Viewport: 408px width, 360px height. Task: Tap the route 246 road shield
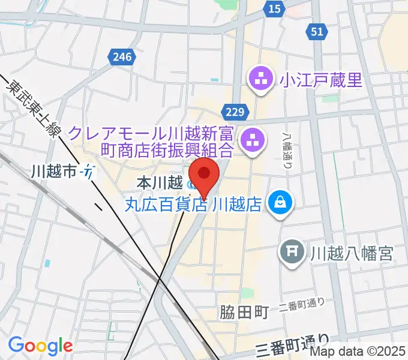pos(121,57)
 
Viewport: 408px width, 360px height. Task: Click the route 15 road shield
pos(275,8)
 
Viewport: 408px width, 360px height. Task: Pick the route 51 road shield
pos(317,31)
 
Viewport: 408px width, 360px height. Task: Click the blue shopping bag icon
pos(280,203)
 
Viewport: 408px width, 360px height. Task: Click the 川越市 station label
pos(54,172)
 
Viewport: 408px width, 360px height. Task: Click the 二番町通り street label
pos(302,308)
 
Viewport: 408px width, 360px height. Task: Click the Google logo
pos(40,346)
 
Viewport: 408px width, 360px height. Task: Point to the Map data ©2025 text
pos(357,353)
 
